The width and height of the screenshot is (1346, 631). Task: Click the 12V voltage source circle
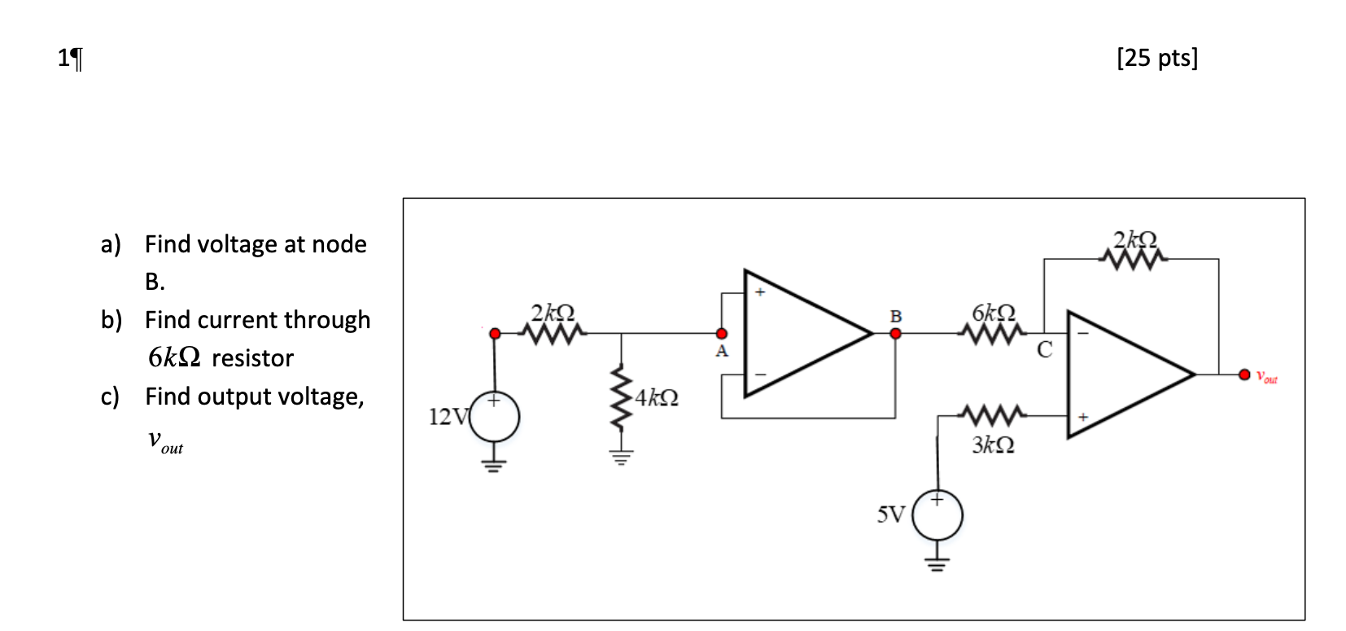(495, 417)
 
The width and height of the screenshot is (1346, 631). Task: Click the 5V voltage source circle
(937, 515)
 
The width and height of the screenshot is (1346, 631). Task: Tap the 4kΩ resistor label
(657, 397)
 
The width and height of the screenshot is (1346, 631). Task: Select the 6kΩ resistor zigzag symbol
(993, 333)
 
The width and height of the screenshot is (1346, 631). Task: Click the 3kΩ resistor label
(993, 445)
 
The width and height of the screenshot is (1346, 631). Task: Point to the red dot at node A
(721, 334)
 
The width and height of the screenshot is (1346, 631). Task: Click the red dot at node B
(895, 333)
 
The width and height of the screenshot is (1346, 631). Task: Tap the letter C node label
(1045, 350)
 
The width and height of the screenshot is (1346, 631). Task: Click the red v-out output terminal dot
(1244, 375)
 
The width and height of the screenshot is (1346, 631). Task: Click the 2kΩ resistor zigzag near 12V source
(553, 333)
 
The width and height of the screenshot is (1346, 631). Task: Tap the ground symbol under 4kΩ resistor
(621, 457)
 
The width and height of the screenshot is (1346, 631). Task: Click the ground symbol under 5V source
(937, 563)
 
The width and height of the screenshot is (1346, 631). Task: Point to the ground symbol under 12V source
(493, 466)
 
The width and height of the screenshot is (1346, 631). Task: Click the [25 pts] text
(1156, 58)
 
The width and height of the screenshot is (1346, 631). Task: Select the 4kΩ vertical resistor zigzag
(621, 398)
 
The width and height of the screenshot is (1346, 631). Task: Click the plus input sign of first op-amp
(760, 292)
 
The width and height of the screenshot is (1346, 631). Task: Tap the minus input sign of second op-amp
(1082, 332)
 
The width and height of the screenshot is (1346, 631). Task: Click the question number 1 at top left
(64, 58)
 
